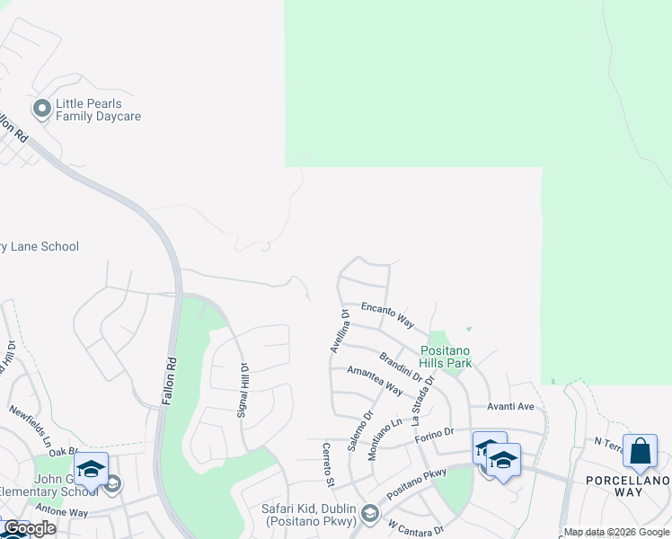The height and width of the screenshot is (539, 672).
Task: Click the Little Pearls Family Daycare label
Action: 98,110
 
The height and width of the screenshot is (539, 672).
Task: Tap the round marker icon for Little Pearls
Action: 41,110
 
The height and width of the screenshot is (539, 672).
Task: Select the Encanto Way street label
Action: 387,314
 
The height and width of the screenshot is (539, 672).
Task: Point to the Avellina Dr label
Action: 340,331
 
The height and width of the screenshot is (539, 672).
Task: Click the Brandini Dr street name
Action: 401,367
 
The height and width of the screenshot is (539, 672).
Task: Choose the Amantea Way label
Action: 375,380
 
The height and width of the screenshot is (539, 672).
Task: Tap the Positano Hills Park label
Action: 447,357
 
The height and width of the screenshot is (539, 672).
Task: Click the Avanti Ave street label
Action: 510,406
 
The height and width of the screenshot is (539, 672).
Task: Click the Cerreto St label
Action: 329,464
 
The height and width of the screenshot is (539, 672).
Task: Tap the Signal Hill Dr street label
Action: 243,389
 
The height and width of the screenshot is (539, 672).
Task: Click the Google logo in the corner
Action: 29,528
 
